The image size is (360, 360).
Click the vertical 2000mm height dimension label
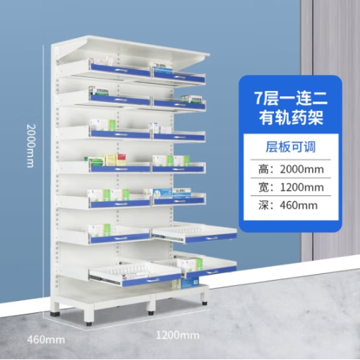tap(31, 145)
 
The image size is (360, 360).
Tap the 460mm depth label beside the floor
tap(46, 340)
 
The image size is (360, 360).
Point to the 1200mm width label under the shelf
tap(178, 335)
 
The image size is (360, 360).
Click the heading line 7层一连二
tap(291, 98)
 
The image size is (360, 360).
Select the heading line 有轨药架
tap(291, 118)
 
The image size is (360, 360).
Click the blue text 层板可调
tap(291, 147)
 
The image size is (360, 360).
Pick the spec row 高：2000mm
tap(291, 169)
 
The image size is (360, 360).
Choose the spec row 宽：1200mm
tap(291, 187)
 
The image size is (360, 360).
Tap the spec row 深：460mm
tap(288, 205)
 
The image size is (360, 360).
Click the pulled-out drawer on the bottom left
tap(134, 274)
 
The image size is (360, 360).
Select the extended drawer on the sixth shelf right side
tap(195, 233)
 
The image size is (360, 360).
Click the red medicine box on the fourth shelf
tap(121, 159)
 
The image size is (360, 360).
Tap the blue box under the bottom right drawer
tap(190, 283)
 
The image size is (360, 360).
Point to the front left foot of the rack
tap(89, 318)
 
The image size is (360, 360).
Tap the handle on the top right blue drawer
tap(179, 77)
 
